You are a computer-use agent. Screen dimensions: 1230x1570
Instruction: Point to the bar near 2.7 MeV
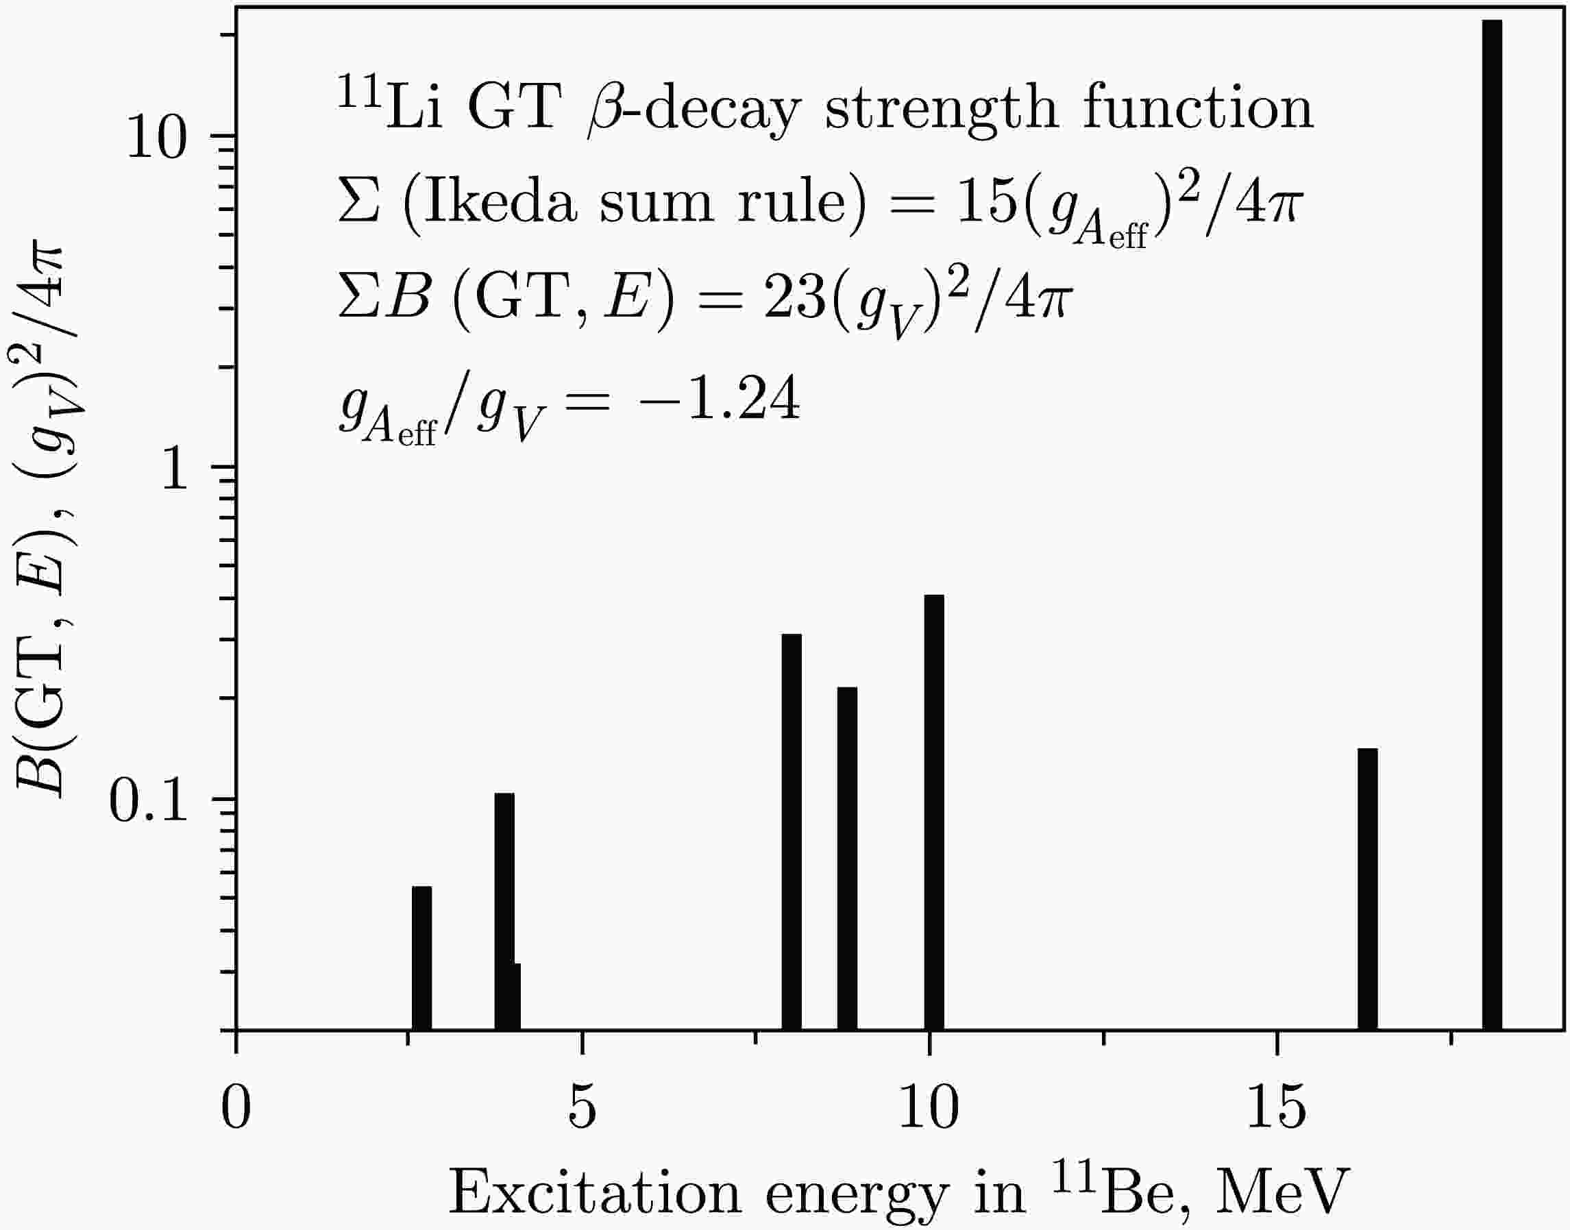tap(421, 958)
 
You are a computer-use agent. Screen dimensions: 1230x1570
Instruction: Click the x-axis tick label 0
tap(236, 1109)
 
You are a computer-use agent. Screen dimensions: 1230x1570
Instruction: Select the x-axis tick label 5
tap(582, 1109)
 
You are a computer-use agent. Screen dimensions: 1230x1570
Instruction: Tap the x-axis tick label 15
tap(1276, 1109)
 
